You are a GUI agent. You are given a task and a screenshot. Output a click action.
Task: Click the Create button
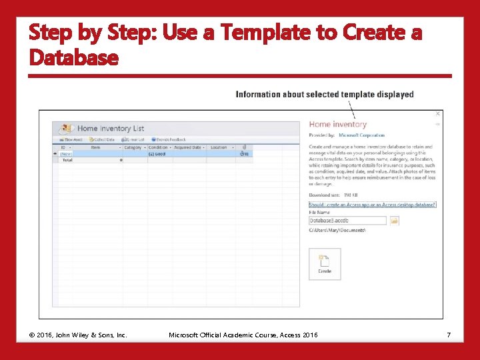click(325, 263)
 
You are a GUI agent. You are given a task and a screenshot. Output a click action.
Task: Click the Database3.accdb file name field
click(347, 221)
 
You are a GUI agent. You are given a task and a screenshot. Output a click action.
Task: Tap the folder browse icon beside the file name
click(395, 221)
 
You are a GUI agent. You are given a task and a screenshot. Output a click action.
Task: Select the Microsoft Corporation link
click(362, 135)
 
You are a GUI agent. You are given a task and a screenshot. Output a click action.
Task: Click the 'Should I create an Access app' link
click(372, 205)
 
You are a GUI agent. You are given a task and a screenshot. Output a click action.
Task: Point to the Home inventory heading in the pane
click(338, 124)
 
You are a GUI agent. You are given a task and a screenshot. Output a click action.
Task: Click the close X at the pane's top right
click(437, 114)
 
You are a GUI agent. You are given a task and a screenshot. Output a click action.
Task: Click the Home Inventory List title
click(111, 128)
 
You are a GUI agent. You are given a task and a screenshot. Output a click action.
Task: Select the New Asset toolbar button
click(70, 139)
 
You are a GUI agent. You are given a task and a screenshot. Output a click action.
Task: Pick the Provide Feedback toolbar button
click(167, 139)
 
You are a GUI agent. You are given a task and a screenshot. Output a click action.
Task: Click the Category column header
click(133, 147)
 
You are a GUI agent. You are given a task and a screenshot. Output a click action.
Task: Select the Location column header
click(219, 147)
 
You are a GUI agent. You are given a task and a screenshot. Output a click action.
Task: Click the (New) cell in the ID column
click(65, 154)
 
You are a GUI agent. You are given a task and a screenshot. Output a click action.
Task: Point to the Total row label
click(67, 160)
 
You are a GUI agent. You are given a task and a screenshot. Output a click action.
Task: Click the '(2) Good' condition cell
click(157, 154)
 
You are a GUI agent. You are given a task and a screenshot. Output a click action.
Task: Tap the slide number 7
click(449, 335)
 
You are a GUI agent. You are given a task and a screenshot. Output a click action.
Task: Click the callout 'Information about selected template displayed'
click(325, 95)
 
